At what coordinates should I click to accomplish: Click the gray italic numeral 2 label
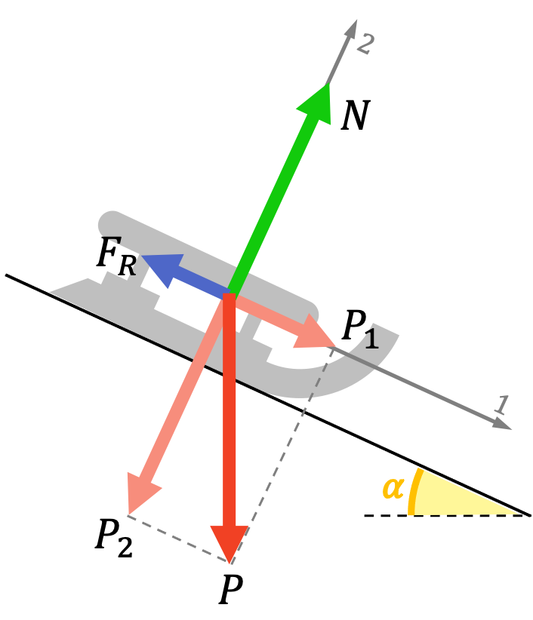pyautogui.click(x=365, y=45)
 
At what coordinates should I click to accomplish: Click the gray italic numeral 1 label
pyautogui.click(x=501, y=405)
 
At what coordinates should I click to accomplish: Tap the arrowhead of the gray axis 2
pyautogui.click(x=351, y=29)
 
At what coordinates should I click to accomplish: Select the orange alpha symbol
pyautogui.click(x=393, y=488)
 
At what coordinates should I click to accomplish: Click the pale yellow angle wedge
pyautogui.click(x=453, y=498)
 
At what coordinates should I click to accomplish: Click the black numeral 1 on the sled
pyautogui.click(x=371, y=339)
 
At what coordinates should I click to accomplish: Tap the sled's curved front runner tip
pyautogui.click(x=388, y=332)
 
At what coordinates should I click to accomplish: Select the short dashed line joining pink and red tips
pyautogui.click(x=178, y=539)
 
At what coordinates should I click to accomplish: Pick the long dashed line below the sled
pyautogui.click(x=282, y=453)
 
